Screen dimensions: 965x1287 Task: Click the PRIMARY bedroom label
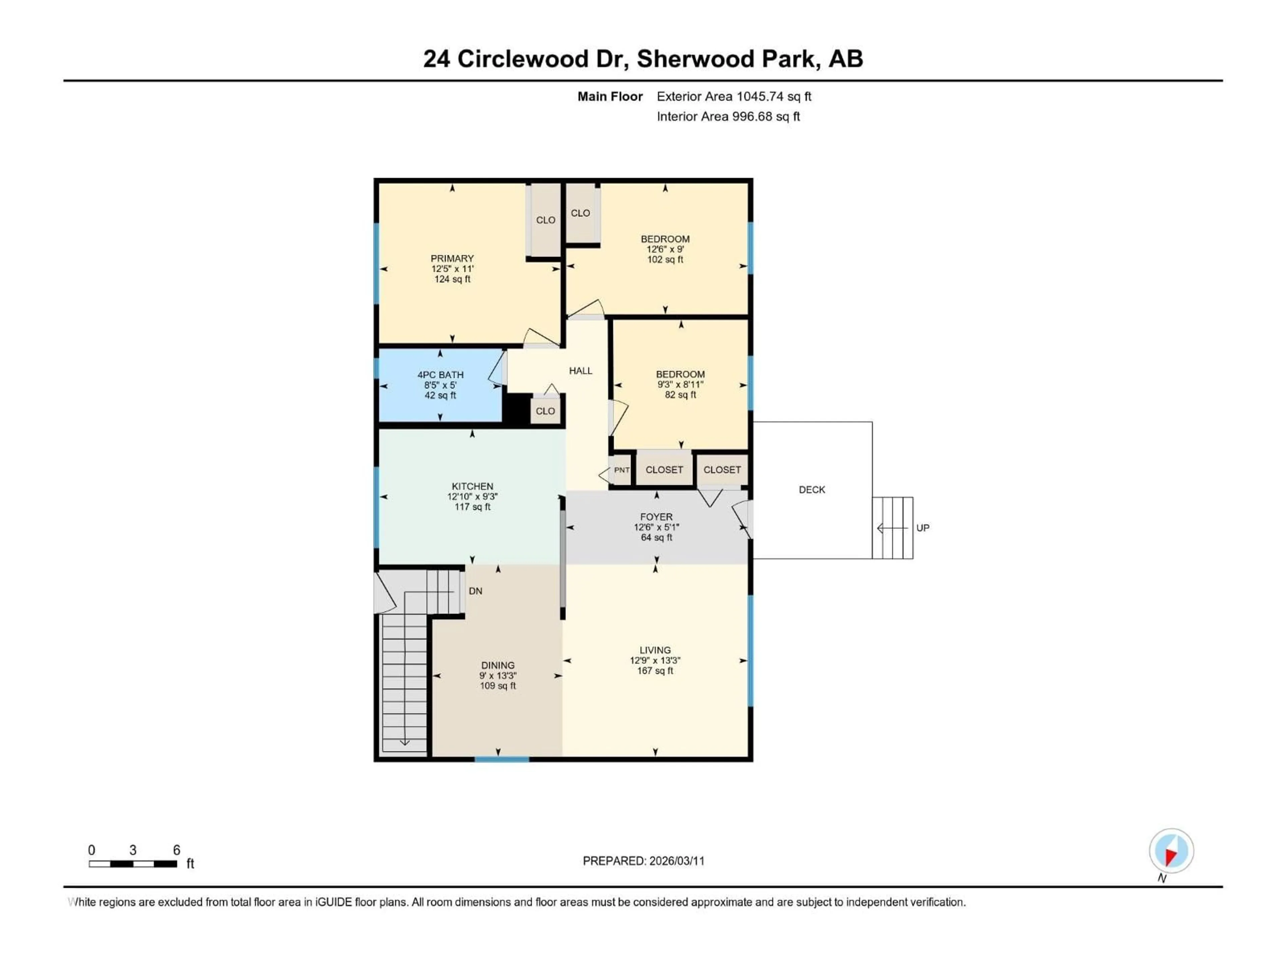coord(452,258)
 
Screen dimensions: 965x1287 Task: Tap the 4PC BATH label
coord(440,375)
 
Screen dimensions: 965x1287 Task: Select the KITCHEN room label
coord(473,486)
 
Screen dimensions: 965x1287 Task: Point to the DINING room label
coord(497,665)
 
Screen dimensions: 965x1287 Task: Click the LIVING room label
coord(655,650)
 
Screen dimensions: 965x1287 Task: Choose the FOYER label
coord(656,517)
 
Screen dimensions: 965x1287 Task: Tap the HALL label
coord(581,371)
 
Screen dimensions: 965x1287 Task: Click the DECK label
coord(812,490)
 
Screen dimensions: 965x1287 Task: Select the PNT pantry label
coord(621,470)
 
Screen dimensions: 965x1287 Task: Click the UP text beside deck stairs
coord(923,528)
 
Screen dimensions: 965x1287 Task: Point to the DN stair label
coord(475,591)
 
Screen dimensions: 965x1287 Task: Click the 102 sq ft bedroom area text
coord(665,259)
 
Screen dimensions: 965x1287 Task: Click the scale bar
coord(133,864)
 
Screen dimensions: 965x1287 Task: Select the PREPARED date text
coord(643,861)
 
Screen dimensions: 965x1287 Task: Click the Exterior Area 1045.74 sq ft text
coord(734,96)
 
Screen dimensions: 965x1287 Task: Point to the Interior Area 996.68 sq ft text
coord(728,116)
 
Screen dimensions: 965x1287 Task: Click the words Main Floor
coord(610,96)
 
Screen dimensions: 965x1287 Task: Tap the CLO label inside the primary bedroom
coord(545,220)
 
